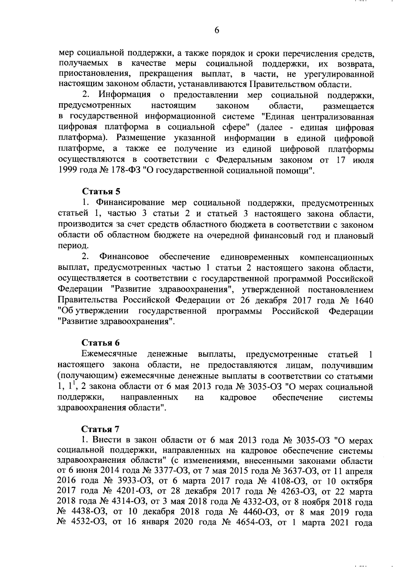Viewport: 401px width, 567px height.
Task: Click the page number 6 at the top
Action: click(217, 30)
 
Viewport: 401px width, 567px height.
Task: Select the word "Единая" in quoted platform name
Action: click(277, 117)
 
